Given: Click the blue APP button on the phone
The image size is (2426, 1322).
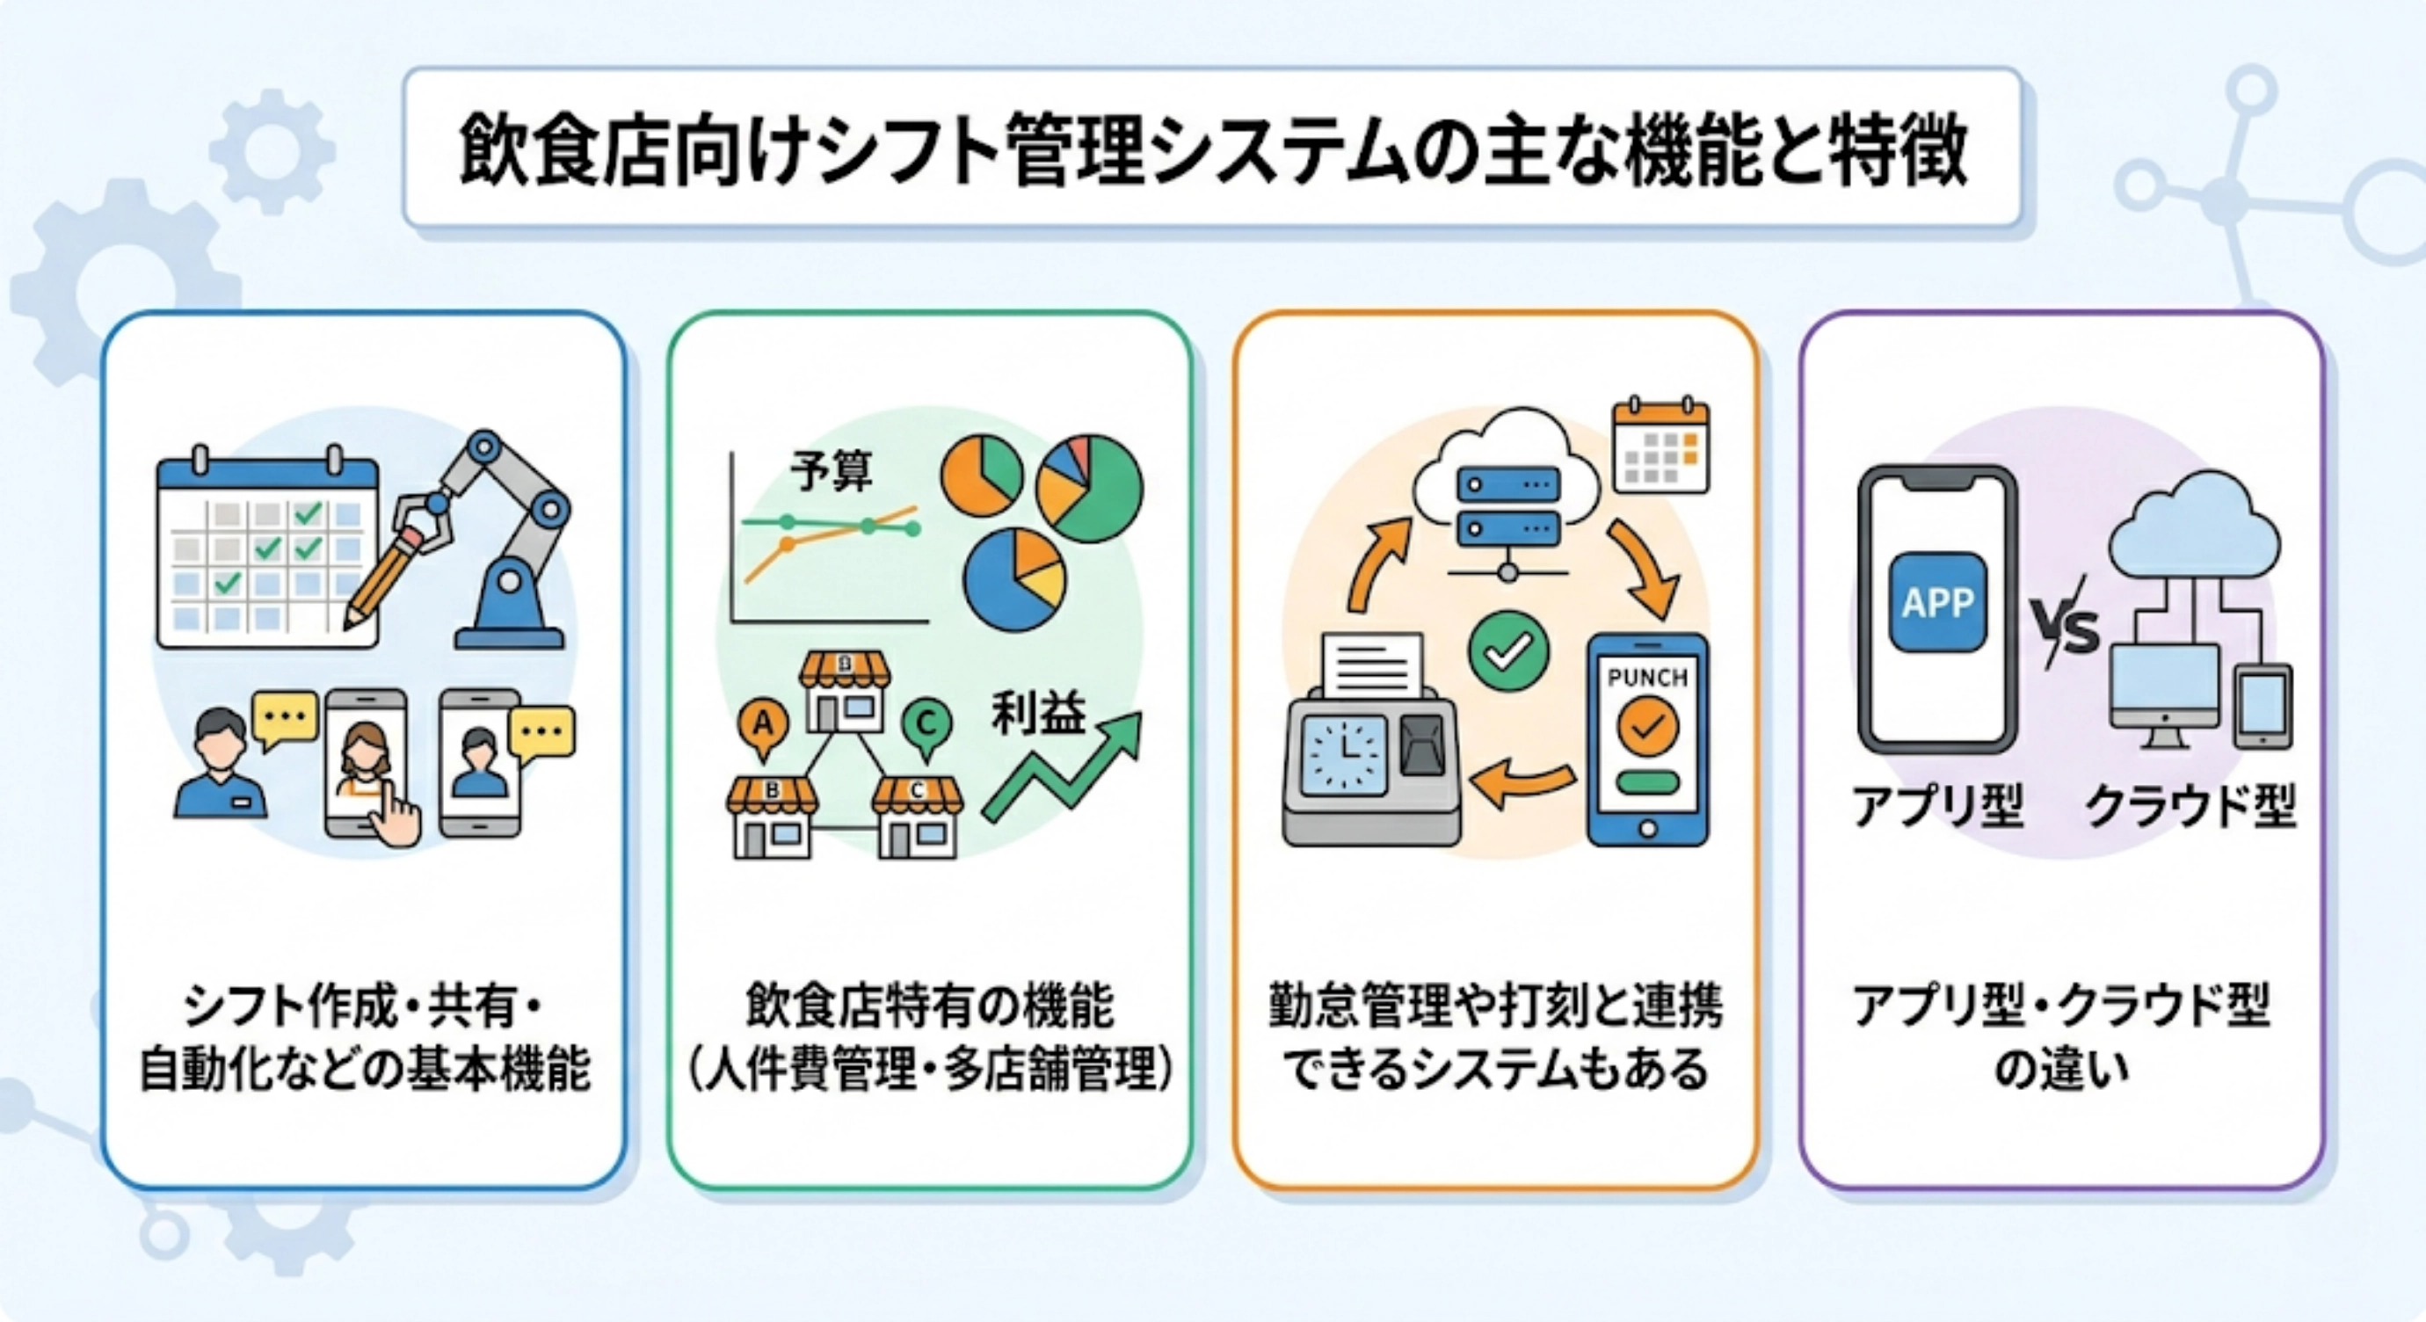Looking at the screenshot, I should click(x=1938, y=603).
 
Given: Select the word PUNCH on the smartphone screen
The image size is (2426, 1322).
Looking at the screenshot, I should click(x=1647, y=677).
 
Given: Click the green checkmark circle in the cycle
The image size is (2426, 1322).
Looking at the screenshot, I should click(x=1507, y=650).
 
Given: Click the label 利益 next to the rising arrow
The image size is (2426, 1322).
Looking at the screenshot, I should click(x=1038, y=714).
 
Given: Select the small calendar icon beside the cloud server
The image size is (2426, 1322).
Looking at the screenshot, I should click(x=1660, y=446).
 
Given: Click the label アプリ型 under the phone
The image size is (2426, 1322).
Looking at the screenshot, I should click(x=1937, y=807).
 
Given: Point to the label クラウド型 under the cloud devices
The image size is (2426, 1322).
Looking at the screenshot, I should click(x=2190, y=807).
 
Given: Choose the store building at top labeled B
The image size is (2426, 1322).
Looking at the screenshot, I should click(x=845, y=692).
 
